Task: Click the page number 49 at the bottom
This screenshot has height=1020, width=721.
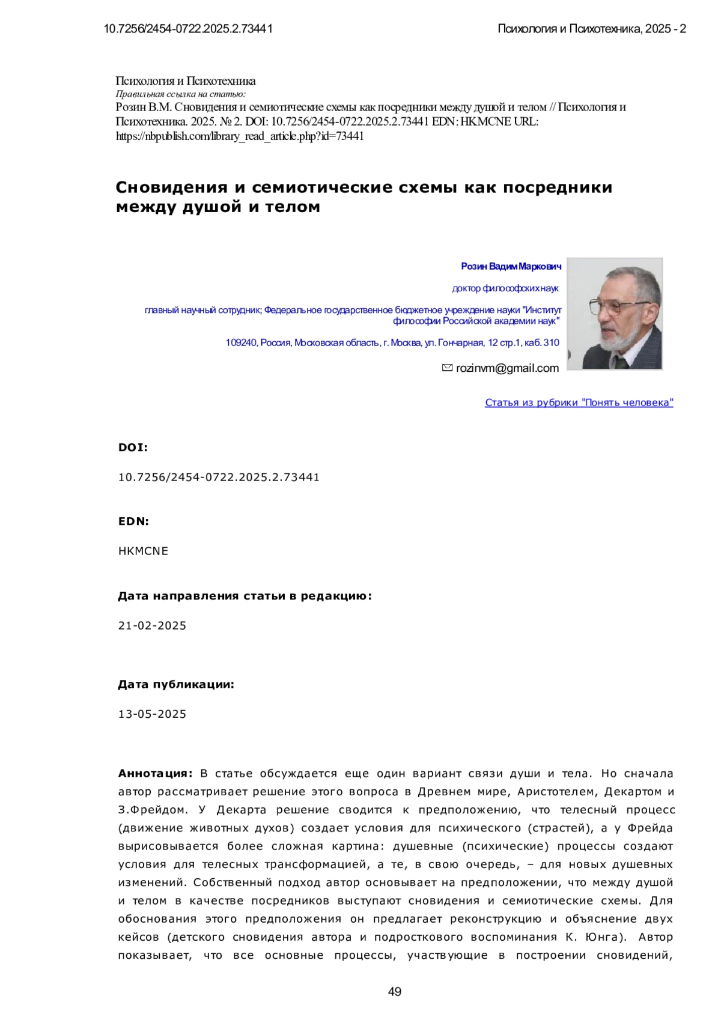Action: point(395,992)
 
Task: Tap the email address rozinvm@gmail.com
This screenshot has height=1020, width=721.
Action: point(507,368)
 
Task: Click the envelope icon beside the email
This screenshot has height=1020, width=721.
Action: point(447,368)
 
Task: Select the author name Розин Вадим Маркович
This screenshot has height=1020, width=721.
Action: point(511,266)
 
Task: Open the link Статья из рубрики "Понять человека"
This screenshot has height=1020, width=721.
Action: point(579,402)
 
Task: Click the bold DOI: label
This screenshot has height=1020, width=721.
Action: point(133,448)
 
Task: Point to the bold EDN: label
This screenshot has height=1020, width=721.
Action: point(133,521)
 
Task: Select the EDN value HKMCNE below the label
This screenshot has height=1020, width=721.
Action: point(143,551)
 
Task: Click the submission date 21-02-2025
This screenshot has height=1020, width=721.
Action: point(152,625)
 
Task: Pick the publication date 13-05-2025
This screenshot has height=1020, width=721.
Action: point(152,714)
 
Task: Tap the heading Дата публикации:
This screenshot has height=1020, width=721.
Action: point(176,684)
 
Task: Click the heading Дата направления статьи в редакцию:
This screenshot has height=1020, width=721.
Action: point(245,596)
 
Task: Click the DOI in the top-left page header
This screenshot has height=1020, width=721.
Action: point(188,28)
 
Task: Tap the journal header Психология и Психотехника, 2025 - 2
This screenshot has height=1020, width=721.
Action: point(591,28)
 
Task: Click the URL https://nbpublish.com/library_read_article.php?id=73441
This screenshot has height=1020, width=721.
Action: point(240,136)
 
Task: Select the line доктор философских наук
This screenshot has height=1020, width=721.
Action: point(505,288)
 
